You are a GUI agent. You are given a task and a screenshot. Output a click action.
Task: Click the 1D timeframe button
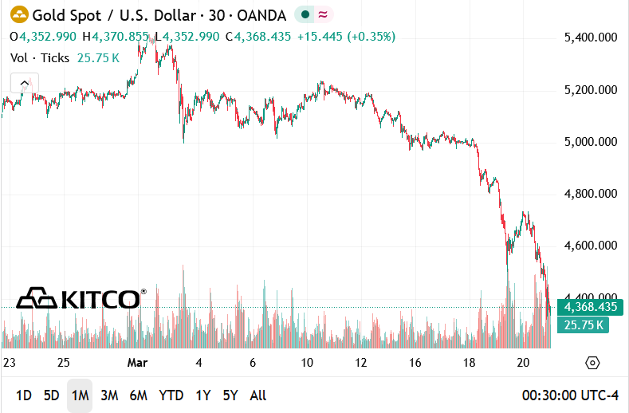click(x=24, y=395)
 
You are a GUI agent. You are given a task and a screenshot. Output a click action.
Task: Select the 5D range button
click(x=51, y=395)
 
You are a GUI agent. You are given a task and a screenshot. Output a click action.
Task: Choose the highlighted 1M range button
click(x=79, y=395)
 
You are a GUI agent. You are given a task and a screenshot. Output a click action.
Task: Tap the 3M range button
click(x=109, y=395)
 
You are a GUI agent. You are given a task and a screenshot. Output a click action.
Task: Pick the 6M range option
click(x=139, y=395)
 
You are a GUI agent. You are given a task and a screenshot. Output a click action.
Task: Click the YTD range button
click(x=171, y=395)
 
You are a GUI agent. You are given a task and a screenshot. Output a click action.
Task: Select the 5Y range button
click(x=230, y=395)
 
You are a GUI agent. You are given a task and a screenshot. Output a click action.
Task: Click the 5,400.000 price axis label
click(x=591, y=37)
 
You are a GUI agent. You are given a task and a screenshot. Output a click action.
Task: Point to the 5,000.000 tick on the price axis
click(x=591, y=142)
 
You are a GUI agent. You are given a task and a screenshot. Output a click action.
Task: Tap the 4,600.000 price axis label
click(x=591, y=246)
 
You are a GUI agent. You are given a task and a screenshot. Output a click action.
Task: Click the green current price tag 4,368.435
click(x=591, y=307)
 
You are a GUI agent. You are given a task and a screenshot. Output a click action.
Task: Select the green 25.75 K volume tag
click(x=583, y=324)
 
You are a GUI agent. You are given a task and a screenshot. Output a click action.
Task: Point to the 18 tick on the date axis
click(x=470, y=362)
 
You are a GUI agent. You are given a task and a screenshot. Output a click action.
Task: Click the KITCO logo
click(x=81, y=298)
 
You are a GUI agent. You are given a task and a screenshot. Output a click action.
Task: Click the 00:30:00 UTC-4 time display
click(x=570, y=395)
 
